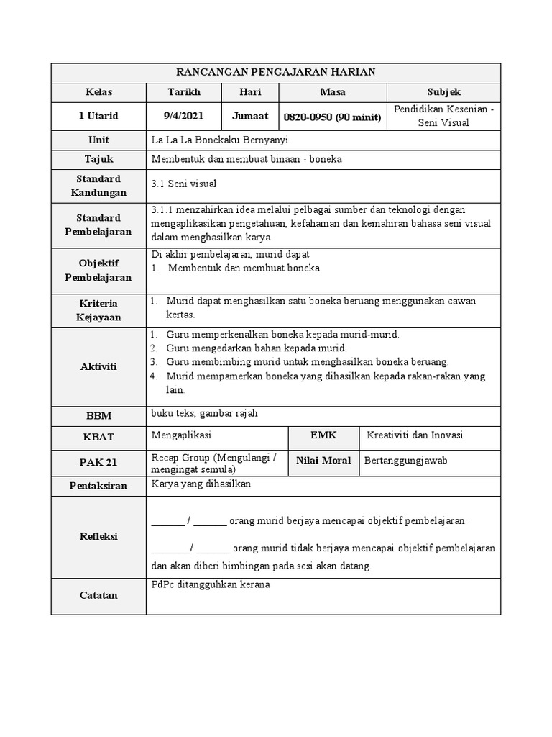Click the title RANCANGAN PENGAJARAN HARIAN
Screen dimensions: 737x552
276,72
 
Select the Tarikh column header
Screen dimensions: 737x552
184,92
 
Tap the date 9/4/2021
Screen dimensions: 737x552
184,116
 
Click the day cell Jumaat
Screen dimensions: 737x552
250,116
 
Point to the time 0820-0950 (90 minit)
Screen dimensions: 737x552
332,117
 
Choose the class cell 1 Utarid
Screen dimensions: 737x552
98,116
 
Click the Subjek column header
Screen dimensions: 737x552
443,92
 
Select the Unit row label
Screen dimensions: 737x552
98,140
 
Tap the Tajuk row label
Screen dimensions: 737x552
98,160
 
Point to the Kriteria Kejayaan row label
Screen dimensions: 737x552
98,310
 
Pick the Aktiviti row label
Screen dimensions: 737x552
98,366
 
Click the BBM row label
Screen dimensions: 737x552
98,415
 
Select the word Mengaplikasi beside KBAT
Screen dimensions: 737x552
182,435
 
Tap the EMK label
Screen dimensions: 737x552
323,435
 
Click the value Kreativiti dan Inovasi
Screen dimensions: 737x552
415,435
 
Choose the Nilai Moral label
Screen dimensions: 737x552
323,461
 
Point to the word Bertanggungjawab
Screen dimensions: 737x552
406,461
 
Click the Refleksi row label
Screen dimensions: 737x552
98,536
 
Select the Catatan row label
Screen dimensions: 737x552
98,595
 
